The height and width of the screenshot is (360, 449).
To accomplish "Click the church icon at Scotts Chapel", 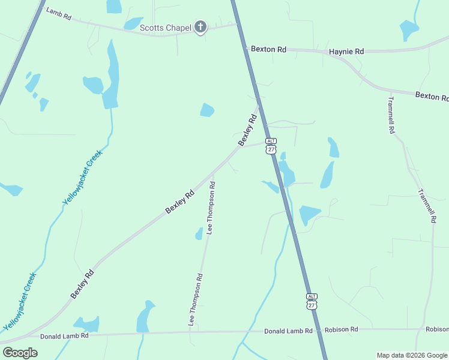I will (x=200, y=27).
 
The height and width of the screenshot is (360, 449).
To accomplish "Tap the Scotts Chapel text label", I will (x=166, y=28).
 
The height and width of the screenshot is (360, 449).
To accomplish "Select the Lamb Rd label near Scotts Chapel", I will (x=59, y=14).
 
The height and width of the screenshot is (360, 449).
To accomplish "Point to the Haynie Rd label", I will (x=346, y=52).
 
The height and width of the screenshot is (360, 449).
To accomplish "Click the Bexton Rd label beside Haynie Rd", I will (x=268, y=49).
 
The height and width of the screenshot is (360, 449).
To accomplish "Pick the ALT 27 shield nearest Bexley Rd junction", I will (x=271, y=145).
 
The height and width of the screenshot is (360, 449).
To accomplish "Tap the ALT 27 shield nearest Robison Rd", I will (x=312, y=301).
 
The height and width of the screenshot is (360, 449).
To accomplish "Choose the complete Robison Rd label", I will (x=341, y=329).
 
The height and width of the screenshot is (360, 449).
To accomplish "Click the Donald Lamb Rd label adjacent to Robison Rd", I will (x=288, y=331).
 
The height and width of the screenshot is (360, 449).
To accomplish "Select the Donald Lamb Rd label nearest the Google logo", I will (x=64, y=336).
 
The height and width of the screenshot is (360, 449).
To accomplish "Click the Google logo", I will (x=20, y=352).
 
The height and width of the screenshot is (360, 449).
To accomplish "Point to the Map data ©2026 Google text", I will (x=412, y=355).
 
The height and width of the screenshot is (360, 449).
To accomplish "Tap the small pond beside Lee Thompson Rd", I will (x=199, y=234).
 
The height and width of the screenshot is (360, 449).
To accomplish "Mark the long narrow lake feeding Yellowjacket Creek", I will (x=110, y=75).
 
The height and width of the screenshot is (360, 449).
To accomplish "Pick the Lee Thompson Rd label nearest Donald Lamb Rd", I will (x=196, y=299).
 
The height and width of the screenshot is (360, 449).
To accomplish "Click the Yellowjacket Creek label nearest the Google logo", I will (x=20, y=302).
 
